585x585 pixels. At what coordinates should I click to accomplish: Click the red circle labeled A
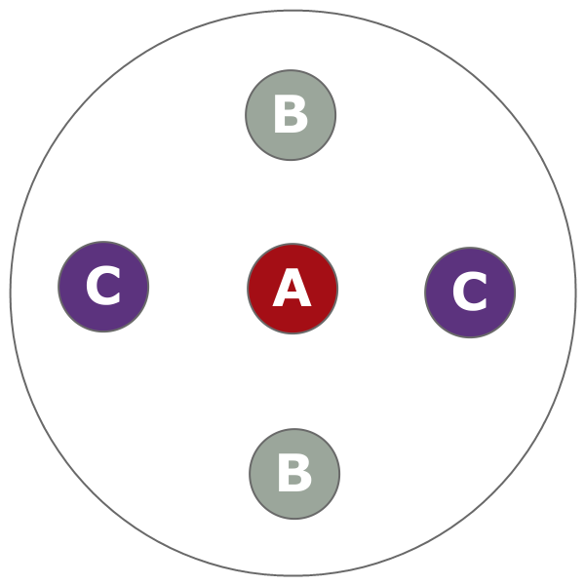pyautogui.click(x=292, y=289)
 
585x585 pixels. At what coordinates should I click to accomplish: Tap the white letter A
pyautogui.click(x=292, y=290)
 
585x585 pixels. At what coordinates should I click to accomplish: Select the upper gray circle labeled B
pyautogui.click(x=291, y=115)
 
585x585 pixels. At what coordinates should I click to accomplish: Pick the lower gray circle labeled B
pyautogui.click(x=294, y=474)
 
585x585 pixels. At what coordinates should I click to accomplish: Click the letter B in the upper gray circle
pyautogui.click(x=291, y=116)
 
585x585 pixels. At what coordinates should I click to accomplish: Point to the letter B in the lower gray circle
pyautogui.click(x=294, y=475)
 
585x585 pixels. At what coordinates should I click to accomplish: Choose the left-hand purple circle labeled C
pyautogui.click(x=103, y=287)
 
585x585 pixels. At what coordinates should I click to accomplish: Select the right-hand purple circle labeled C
pyautogui.click(x=470, y=292)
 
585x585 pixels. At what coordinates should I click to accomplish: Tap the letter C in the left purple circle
pyautogui.click(x=103, y=288)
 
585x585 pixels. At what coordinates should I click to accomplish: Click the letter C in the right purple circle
pyautogui.click(x=470, y=293)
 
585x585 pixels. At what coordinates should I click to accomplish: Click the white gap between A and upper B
pyautogui.click(x=292, y=202)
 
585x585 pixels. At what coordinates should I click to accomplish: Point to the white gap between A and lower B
pyautogui.click(x=293, y=381)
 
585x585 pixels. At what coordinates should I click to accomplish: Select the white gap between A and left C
pyautogui.click(x=198, y=288)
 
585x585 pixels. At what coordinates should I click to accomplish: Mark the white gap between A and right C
pyautogui.click(x=381, y=291)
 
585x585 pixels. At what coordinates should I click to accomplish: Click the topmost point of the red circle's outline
pyautogui.click(x=292, y=244)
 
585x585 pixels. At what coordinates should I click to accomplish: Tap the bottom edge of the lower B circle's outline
pyautogui.click(x=294, y=519)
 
